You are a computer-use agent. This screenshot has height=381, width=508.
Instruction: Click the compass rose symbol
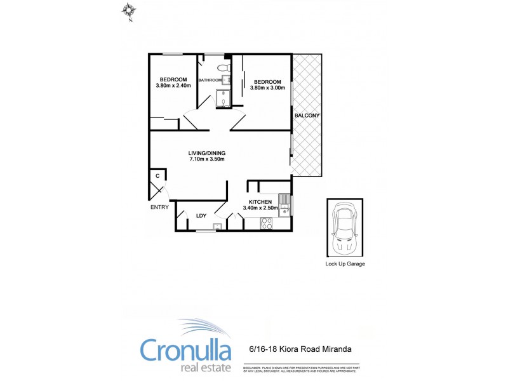point(130,11)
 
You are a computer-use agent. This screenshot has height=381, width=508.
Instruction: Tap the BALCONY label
point(307,116)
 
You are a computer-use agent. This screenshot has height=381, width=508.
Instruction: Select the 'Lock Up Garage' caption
point(345,264)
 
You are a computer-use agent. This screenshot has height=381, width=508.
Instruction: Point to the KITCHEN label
point(260,202)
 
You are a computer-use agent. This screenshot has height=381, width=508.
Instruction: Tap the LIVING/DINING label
point(207,153)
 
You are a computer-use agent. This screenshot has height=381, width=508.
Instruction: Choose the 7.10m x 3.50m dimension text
point(207,159)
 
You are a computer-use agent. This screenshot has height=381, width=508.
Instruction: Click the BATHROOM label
point(210,80)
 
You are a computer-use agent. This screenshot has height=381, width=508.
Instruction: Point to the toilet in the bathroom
point(223,67)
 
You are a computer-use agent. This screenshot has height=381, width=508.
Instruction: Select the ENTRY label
point(159,207)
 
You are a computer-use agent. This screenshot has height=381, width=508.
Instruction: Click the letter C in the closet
point(157,176)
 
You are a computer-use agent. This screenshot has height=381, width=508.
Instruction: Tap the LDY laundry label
point(201,216)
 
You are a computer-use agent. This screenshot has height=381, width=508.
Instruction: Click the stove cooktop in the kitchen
point(267,223)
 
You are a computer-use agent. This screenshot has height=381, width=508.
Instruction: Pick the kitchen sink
point(286,204)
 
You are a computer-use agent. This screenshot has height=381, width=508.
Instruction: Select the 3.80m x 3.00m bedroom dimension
point(268,88)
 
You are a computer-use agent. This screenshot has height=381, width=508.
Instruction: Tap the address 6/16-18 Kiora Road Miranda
point(299,349)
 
